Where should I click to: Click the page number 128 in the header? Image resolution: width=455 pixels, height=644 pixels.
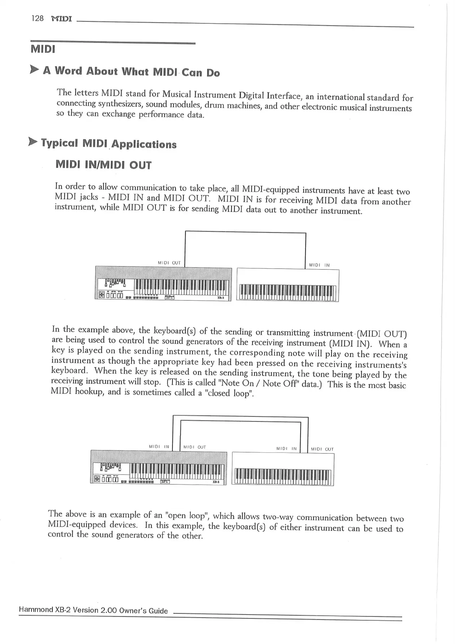click(x=38, y=18)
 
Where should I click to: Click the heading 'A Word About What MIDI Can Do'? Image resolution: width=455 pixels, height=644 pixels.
click(x=132, y=72)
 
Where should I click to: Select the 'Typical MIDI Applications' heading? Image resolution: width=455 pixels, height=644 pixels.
click(x=109, y=144)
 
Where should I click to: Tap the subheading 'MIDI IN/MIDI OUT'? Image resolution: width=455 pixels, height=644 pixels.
click(x=104, y=165)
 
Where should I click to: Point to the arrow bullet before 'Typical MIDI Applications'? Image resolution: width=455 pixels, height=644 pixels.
click(x=33, y=142)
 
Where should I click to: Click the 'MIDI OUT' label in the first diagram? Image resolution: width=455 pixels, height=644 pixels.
click(x=169, y=263)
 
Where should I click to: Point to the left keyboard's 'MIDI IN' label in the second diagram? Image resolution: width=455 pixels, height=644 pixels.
click(x=159, y=446)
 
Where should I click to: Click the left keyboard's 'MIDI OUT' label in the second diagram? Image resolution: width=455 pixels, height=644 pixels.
click(x=195, y=447)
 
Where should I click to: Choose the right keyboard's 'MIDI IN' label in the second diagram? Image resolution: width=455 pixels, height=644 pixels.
click(x=286, y=449)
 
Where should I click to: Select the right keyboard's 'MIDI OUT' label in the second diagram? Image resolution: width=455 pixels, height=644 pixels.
click(x=322, y=449)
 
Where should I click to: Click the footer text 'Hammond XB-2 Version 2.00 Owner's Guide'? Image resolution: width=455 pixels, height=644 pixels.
click(x=93, y=611)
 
